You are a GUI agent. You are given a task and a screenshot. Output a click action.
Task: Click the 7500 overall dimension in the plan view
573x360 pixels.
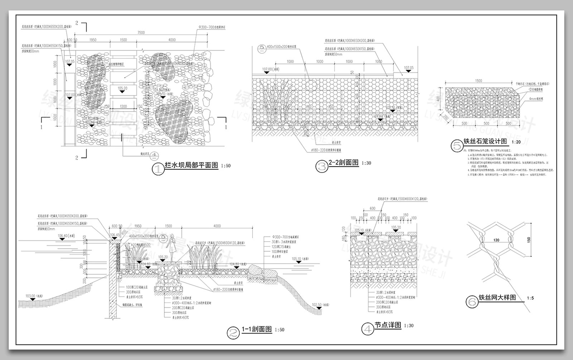[141, 33]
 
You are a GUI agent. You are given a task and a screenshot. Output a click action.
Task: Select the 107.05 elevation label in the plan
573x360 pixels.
[70, 62]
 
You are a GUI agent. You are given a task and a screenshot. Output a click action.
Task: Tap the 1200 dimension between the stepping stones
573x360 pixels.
[123, 106]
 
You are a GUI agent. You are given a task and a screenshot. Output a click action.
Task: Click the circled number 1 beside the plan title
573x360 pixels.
[158, 169]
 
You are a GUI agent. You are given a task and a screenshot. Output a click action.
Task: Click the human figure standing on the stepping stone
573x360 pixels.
[172, 248]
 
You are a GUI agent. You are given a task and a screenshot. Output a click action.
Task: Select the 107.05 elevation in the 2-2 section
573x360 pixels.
[409, 68]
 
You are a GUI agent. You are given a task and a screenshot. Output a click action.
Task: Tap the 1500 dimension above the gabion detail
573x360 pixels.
[478, 81]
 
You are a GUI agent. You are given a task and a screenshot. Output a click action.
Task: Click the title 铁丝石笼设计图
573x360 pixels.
[485, 141]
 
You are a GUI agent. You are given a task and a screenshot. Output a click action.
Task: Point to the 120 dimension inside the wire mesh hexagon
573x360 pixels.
[496, 240]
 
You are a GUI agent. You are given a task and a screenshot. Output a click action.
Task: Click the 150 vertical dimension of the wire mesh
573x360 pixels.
[529, 240]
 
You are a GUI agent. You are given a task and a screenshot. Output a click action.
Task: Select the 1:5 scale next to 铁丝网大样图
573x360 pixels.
[530, 298]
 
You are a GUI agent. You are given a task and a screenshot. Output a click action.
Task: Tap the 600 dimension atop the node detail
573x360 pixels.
[372, 208]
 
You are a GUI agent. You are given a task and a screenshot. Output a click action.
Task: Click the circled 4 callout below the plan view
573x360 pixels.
[154, 155]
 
